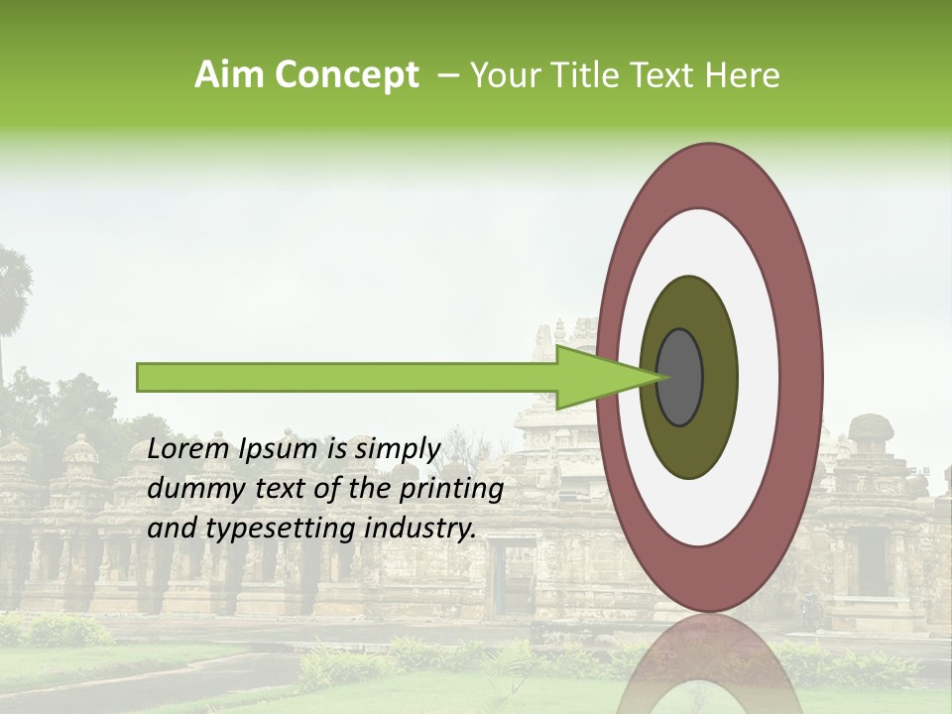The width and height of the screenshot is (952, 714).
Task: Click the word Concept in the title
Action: pos(345,75)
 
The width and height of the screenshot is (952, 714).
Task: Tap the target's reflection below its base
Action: pos(708,664)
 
